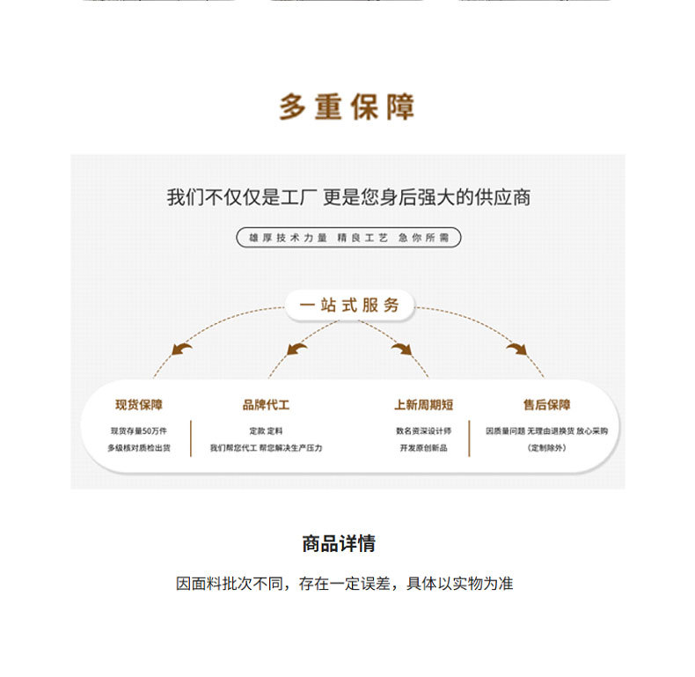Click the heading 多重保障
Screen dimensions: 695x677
(x=347, y=107)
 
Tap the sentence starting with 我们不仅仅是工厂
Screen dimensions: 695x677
(x=348, y=197)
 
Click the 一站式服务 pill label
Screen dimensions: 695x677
(x=348, y=305)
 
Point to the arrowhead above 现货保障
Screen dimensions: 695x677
(x=181, y=349)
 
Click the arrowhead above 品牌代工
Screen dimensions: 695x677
(x=296, y=350)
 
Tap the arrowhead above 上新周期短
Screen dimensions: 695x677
(x=402, y=350)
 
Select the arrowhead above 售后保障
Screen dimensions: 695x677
(x=516, y=349)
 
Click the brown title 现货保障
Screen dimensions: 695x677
(x=139, y=405)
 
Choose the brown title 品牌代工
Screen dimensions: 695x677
(x=266, y=405)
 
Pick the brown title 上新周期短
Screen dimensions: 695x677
(x=423, y=405)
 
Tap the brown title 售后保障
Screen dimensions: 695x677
(x=546, y=405)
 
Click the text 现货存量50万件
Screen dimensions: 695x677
(x=139, y=430)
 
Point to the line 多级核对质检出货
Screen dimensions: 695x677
(x=139, y=448)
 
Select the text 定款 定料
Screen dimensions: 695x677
(x=266, y=430)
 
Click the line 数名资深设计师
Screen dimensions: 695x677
(x=423, y=430)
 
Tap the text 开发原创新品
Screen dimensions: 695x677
(x=423, y=448)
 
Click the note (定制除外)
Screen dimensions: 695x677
(x=546, y=448)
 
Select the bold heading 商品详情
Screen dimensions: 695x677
(x=339, y=544)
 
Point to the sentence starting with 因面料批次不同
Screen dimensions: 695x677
(x=345, y=584)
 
